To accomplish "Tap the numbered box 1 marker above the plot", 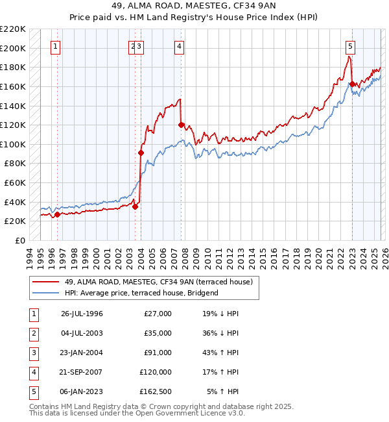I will (x=56, y=46).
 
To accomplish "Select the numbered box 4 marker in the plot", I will (x=178, y=46).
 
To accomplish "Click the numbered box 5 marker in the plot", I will (x=350, y=46).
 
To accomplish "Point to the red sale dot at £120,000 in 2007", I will (x=181, y=125).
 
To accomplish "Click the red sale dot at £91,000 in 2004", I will (x=141, y=153).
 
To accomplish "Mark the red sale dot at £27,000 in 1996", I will (x=57, y=214).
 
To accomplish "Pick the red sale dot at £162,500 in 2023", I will (x=352, y=84).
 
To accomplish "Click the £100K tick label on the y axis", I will (x=13, y=144).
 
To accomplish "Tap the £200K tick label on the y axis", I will (x=13, y=48).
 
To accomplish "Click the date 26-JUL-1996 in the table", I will (x=82, y=314).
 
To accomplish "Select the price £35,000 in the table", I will (x=158, y=333).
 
